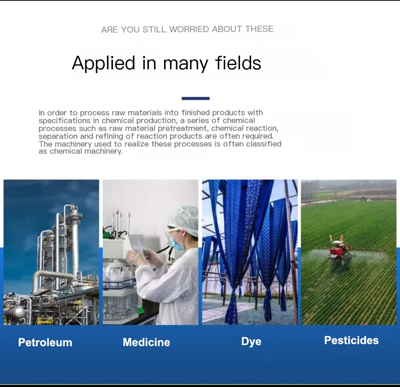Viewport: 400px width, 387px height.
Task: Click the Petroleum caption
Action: [x=45, y=342]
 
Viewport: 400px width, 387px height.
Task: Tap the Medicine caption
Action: [x=146, y=342]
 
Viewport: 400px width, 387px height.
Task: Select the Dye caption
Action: [x=251, y=341]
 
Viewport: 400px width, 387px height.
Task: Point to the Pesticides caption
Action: [x=351, y=340]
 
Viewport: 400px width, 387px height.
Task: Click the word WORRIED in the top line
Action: [x=189, y=29]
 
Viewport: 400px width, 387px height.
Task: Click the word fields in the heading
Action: [x=238, y=63]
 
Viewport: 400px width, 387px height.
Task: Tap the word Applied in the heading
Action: [x=103, y=63]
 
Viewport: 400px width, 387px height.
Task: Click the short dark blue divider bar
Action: [x=196, y=98]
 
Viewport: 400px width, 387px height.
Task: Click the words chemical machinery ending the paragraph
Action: [x=81, y=151]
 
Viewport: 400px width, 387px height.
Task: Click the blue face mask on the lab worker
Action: [x=177, y=244]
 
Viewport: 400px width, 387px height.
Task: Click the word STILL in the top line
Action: [x=154, y=29]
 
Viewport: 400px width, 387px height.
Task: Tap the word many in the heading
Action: [x=186, y=64]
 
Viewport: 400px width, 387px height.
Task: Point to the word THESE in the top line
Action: [x=259, y=29]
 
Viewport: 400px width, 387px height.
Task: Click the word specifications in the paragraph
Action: [x=65, y=120]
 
